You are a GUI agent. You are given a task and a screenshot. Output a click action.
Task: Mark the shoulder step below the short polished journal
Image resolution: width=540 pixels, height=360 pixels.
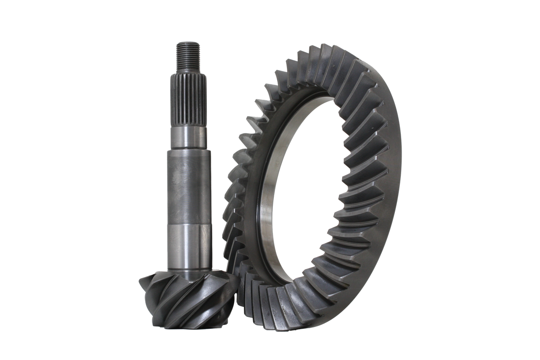[x=189, y=149]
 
